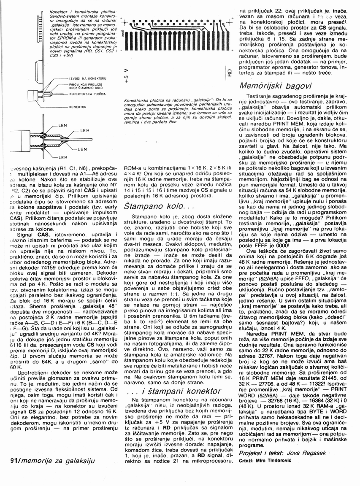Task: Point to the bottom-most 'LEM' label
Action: (x=62, y=157)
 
